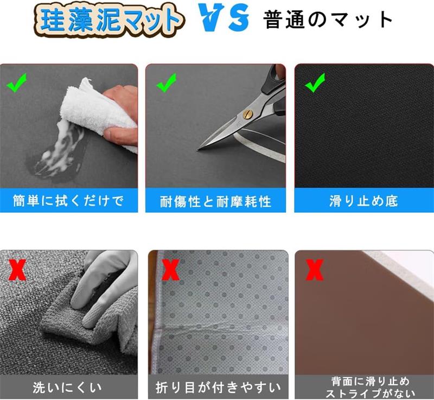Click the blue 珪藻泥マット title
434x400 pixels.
tap(108, 20)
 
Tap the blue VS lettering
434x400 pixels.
tap(224, 18)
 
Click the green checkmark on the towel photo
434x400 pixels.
tap(17, 82)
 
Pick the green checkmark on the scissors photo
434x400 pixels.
tap(167, 82)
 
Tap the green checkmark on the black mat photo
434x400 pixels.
tap(315, 82)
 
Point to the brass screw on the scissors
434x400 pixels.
tap(247, 114)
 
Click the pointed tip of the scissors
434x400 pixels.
tap(197, 150)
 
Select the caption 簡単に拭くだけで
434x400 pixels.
tap(68, 201)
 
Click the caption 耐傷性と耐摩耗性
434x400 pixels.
tap(215, 201)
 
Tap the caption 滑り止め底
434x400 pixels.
tap(363, 201)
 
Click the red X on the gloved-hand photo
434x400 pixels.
tap(17, 270)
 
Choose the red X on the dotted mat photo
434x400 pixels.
tap(170, 270)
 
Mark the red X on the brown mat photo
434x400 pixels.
tap(315, 270)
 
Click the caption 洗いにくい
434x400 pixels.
tap(67, 388)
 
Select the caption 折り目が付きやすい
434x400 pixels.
tap(218, 388)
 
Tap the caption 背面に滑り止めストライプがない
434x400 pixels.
tap(371, 388)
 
